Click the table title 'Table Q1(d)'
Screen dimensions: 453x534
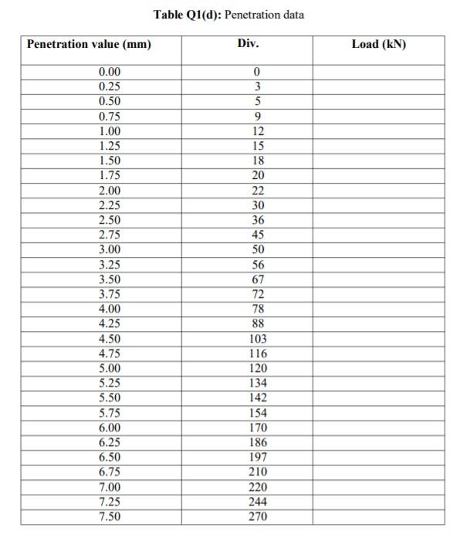click(188, 15)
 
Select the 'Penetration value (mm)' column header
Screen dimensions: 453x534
click(89, 44)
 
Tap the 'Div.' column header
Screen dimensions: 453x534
click(248, 44)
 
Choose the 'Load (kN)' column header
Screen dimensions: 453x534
click(378, 44)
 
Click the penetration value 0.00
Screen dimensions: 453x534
click(110, 72)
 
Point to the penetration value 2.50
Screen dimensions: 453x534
click(110, 220)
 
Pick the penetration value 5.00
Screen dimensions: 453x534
click(110, 368)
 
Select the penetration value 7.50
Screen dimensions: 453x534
click(110, 516)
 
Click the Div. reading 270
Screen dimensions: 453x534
click(258, 516)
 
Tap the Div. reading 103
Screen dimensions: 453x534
click(258, 339)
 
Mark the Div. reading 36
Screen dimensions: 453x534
click(258, 220)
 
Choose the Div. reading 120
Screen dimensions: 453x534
click(258, 368)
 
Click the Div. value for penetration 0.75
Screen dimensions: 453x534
click(258, 117)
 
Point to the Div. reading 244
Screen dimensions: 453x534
click(258, 502)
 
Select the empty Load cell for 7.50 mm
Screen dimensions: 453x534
click(378, 516)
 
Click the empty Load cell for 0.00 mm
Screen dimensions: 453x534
click(378, 72)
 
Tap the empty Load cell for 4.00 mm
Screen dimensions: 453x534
click(378, 309)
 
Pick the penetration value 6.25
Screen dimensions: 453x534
click(110, 442)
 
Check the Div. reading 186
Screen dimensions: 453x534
click(258, 442)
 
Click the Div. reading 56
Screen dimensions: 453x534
click(258, 265)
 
